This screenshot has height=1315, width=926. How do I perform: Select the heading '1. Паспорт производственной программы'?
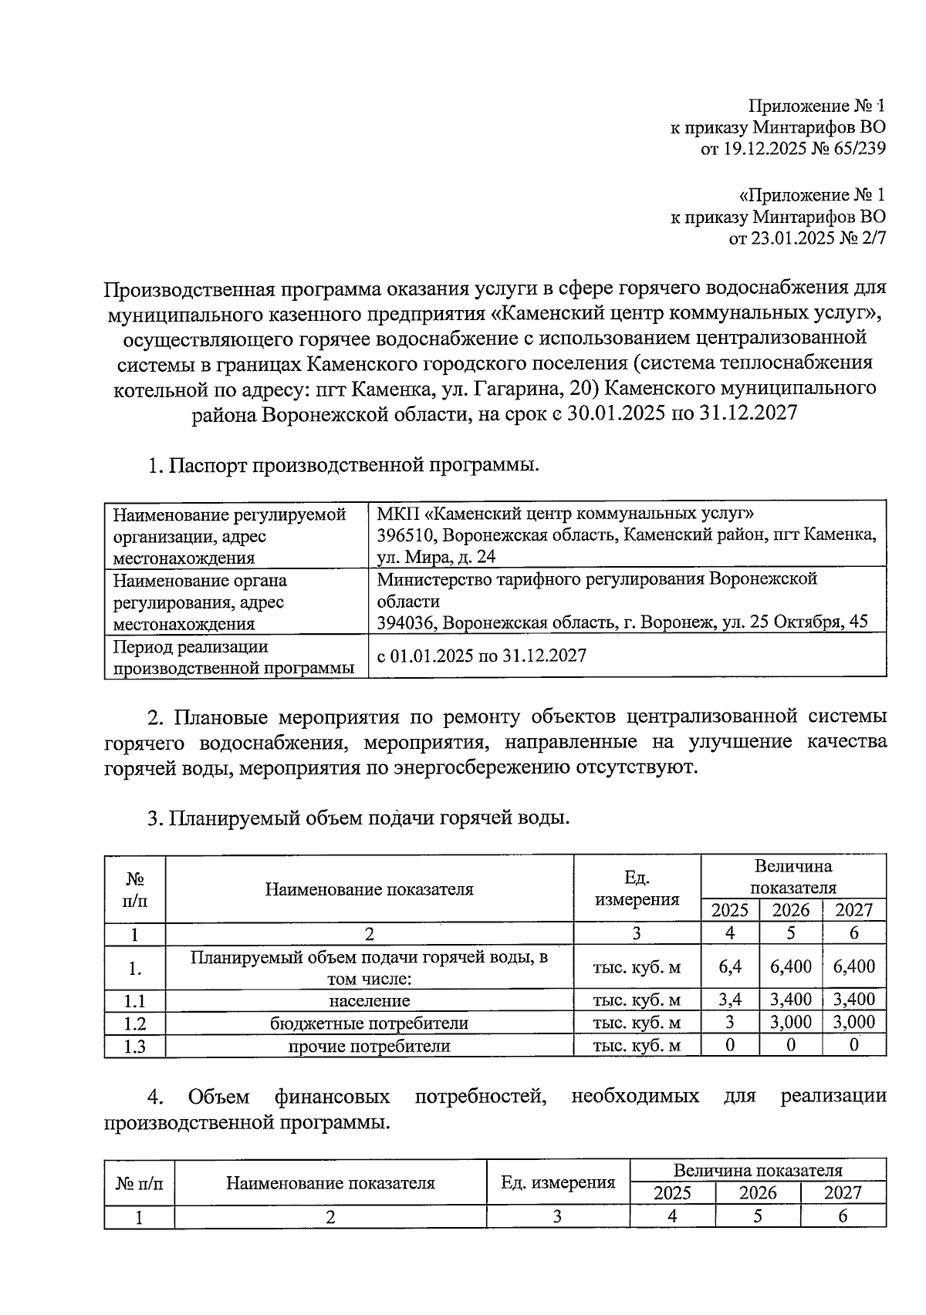[343, 466]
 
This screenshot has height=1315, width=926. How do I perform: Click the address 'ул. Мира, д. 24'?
[436, 557]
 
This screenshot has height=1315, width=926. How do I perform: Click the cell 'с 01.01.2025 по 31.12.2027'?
[482, 656]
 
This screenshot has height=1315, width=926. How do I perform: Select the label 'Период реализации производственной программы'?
[233, 657]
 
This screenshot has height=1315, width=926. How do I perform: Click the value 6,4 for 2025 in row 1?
[729, 966]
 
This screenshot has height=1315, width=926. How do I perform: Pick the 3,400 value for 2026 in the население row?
[791, 1000]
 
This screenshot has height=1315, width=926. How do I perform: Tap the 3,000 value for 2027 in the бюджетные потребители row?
[853, 1023]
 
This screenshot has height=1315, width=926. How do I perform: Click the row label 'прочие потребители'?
[369, 1047]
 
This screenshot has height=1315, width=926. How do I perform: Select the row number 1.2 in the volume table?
[135, 1023]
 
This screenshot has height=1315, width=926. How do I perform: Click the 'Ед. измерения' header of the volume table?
[637, 888]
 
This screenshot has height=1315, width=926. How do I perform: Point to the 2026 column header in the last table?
[757, 1193]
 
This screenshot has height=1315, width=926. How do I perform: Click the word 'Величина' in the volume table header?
[793, 866]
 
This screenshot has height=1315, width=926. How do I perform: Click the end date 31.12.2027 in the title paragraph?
[747, 413]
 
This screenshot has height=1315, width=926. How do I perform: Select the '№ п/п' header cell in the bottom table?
[140, 1182]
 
